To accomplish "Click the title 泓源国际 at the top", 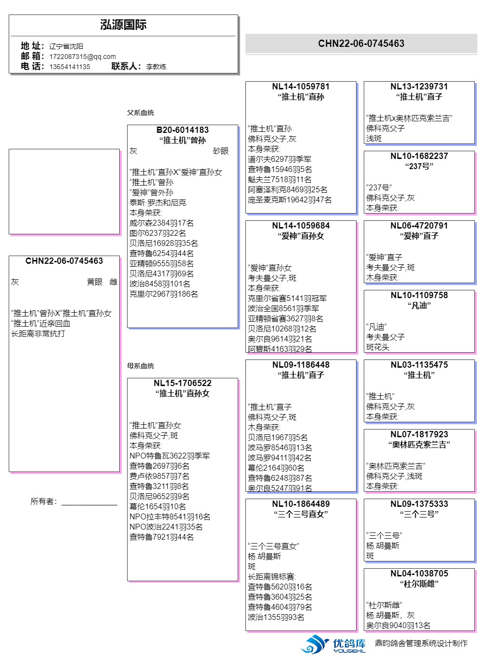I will pyautogui.click(x=123, y=25).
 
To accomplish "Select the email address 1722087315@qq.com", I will pyautogui.click(x=82, y=57).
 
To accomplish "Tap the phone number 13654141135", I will pyautogui.click(x=70, y=67).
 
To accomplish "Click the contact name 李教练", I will pyautogui.click(x=156, y=67).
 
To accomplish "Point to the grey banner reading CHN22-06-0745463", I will pyautogui.click(x=361, y=43).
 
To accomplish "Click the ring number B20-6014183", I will pyautogui.click(x=183, y=130).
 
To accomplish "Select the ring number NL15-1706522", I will pyautogui.click(x=183, y=383).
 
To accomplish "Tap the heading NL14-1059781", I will pyautogui.click(x=300, y=86).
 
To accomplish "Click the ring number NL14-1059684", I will pyautogui.click(x=300, y=226).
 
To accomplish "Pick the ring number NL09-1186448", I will pyautogui.click(x=300, y=365).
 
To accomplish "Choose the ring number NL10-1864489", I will pyautogui.click(x=300, y=504).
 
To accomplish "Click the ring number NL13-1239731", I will pyautogui.click(x=419, y=86).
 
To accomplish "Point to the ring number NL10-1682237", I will pyautogui.click(x=419, y=156).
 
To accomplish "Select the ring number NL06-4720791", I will pyautogui.click(x=419, y=226).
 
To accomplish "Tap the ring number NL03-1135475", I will pyautogui.click(x=419, y=365).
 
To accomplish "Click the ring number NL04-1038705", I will pyautogui.click(x=419, y=574).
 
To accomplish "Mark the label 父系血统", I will pyautogui.click(x=141, y=113).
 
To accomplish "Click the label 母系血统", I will pyautogui.click(x=141, y=366).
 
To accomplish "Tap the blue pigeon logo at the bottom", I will pyautogui.click(x=315, y=644).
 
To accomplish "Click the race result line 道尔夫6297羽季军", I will pyautogui.click(x=279, y=159).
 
